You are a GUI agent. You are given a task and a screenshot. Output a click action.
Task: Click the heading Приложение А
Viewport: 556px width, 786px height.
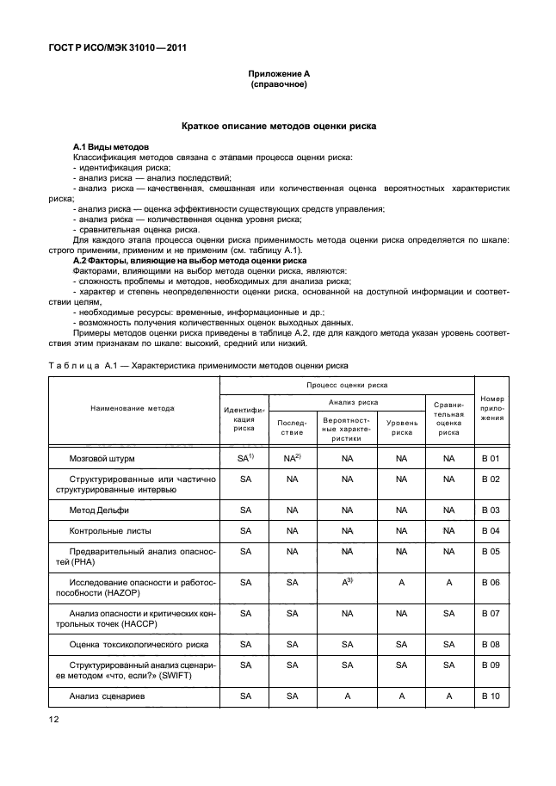pos(278,76)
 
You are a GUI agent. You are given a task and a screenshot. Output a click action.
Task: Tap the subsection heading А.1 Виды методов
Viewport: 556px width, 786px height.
pos(111,147)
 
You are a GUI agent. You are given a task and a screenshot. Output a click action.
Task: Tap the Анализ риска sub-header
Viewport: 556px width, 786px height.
pos(347,402)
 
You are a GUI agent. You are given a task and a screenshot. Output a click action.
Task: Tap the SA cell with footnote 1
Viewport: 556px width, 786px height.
pos(245,459)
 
